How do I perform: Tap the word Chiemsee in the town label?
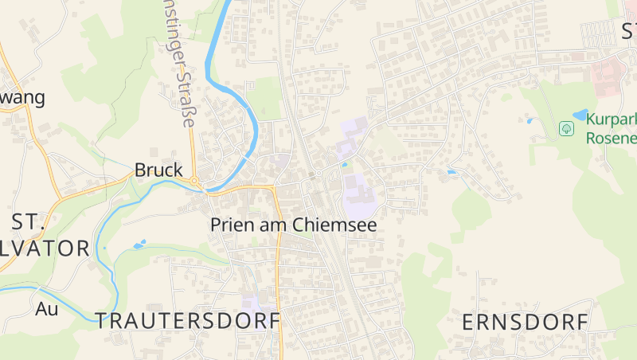[x=334, y=225]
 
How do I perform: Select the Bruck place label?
[x=158, y=170]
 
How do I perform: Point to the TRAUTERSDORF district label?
[x=188, y=321]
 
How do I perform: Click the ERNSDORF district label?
[x=526, y=323]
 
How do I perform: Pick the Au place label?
[x=47, y=308]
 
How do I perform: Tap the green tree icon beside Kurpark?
[x=566, y=128]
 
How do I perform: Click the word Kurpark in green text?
[x=612, y=119]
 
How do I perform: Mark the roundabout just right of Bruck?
[x=194, y=182]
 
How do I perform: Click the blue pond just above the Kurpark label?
[x=580, y=114]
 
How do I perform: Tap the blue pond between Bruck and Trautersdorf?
[x=139, y=245]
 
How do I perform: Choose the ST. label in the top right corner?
[x=628, y=31]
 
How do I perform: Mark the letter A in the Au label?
[x=41, y=308]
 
